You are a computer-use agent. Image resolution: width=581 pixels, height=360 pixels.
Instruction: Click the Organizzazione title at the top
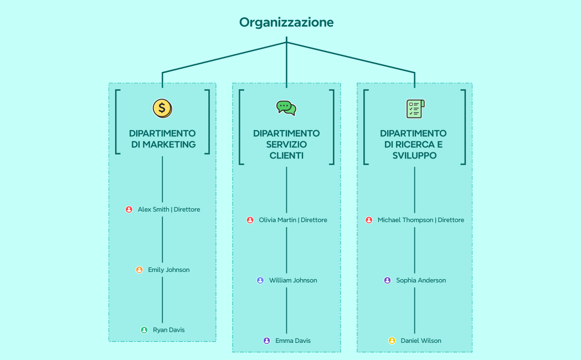286,22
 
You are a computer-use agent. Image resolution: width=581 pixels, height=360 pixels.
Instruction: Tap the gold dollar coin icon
162,108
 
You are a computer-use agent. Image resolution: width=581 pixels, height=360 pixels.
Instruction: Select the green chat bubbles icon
286,107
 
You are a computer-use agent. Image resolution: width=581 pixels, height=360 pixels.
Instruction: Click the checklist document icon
415,108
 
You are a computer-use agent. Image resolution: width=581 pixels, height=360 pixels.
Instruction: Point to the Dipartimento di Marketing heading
162,139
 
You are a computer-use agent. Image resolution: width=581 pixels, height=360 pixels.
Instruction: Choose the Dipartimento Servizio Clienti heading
286,145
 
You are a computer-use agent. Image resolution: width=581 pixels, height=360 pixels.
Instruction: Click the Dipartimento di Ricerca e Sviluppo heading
414,145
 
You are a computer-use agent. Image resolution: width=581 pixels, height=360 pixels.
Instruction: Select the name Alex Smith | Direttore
169,209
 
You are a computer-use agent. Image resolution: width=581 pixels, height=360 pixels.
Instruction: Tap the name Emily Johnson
169,270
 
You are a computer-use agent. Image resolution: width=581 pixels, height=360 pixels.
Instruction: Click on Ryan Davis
169,330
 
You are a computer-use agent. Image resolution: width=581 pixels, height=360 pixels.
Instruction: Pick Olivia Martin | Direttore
293,220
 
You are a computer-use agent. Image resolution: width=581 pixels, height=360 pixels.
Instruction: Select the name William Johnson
293,280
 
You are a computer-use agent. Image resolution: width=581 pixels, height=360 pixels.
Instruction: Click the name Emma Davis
293,341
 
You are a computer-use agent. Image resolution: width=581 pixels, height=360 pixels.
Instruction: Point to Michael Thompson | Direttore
421,220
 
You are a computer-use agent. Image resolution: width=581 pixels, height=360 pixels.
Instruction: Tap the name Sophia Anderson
421,280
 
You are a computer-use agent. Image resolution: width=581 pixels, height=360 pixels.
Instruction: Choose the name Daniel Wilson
421,341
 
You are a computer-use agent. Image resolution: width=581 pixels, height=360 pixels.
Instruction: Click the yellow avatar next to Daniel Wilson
392,341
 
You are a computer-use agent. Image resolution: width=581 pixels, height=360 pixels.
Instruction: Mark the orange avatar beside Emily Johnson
140,270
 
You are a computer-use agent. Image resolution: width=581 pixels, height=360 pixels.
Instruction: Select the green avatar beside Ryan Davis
145,330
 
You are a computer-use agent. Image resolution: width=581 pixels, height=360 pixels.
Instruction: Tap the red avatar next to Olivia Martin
250,220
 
